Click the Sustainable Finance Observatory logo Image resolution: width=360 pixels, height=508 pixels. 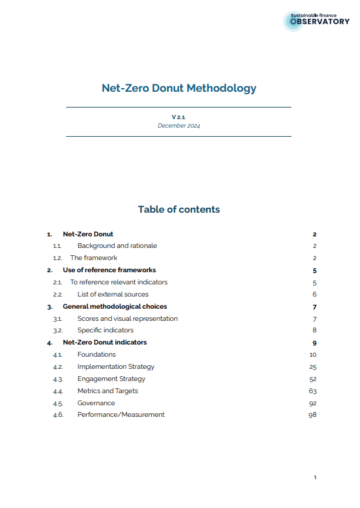[x=316, y=21]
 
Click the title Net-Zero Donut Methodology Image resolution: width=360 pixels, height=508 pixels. [x=179, y=88]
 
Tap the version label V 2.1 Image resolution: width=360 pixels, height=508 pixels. [x=178, y=117]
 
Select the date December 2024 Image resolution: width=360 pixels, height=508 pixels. [x=178, y=126]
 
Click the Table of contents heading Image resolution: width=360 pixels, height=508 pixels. [x=178, y=210]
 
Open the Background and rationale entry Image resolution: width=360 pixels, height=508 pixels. [x=117, y=246]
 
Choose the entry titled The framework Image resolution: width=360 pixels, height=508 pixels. [x=93, y=258]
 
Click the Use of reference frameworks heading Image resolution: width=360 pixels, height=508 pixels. [x=109, y=270]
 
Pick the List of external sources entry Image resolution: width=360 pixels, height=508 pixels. [x=113, y=294]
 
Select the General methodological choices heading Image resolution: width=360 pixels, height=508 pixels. [x=115, y=306]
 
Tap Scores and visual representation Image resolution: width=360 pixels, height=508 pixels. [x=127, y=318]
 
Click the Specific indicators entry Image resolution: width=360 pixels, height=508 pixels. [x=106, y=331]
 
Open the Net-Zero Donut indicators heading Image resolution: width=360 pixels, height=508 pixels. [x=104, y=343]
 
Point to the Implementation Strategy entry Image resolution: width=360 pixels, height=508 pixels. [x=116, y=366]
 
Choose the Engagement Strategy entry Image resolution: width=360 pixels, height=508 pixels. [x=111, y=379]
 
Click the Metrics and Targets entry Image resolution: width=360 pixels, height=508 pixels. [x=107, y=391]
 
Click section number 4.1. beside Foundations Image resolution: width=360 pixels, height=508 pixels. [x=58, y=355]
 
